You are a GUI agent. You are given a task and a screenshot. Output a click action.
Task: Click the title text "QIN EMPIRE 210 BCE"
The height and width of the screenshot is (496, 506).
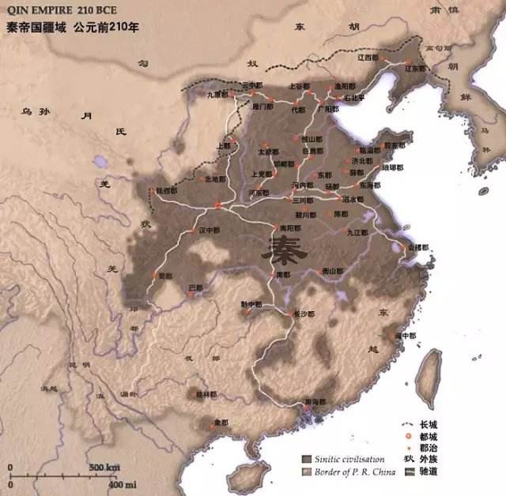[59, 10]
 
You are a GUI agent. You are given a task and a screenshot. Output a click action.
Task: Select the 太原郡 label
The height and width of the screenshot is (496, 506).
[269, 150]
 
